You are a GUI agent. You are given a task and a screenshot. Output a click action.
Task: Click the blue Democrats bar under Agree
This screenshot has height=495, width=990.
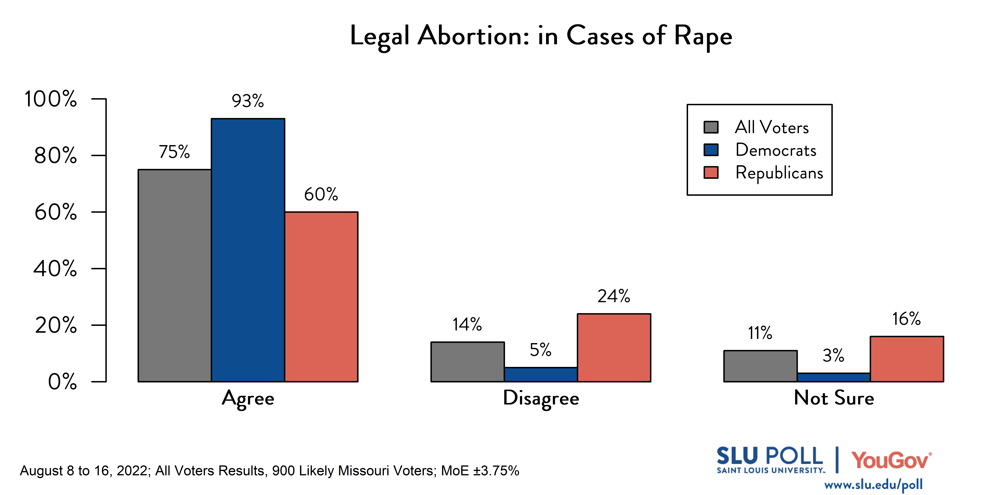pyautogui.click(x=248, y=250)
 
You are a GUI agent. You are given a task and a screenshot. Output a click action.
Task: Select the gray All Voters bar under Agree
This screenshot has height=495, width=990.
pyautogui.click(x=174, y=275)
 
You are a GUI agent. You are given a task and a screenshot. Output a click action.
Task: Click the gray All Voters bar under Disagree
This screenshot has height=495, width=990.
pyautogui.click(x=467, y=362)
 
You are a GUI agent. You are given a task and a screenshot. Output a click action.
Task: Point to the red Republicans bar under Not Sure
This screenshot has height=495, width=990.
pyautogui.click(x=907, y=359)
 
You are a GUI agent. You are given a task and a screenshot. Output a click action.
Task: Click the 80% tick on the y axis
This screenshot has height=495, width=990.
pyautogui.click(x=56, y=156)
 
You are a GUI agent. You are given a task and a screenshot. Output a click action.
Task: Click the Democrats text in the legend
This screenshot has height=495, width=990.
pyautogui.click(x=775, y=150)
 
